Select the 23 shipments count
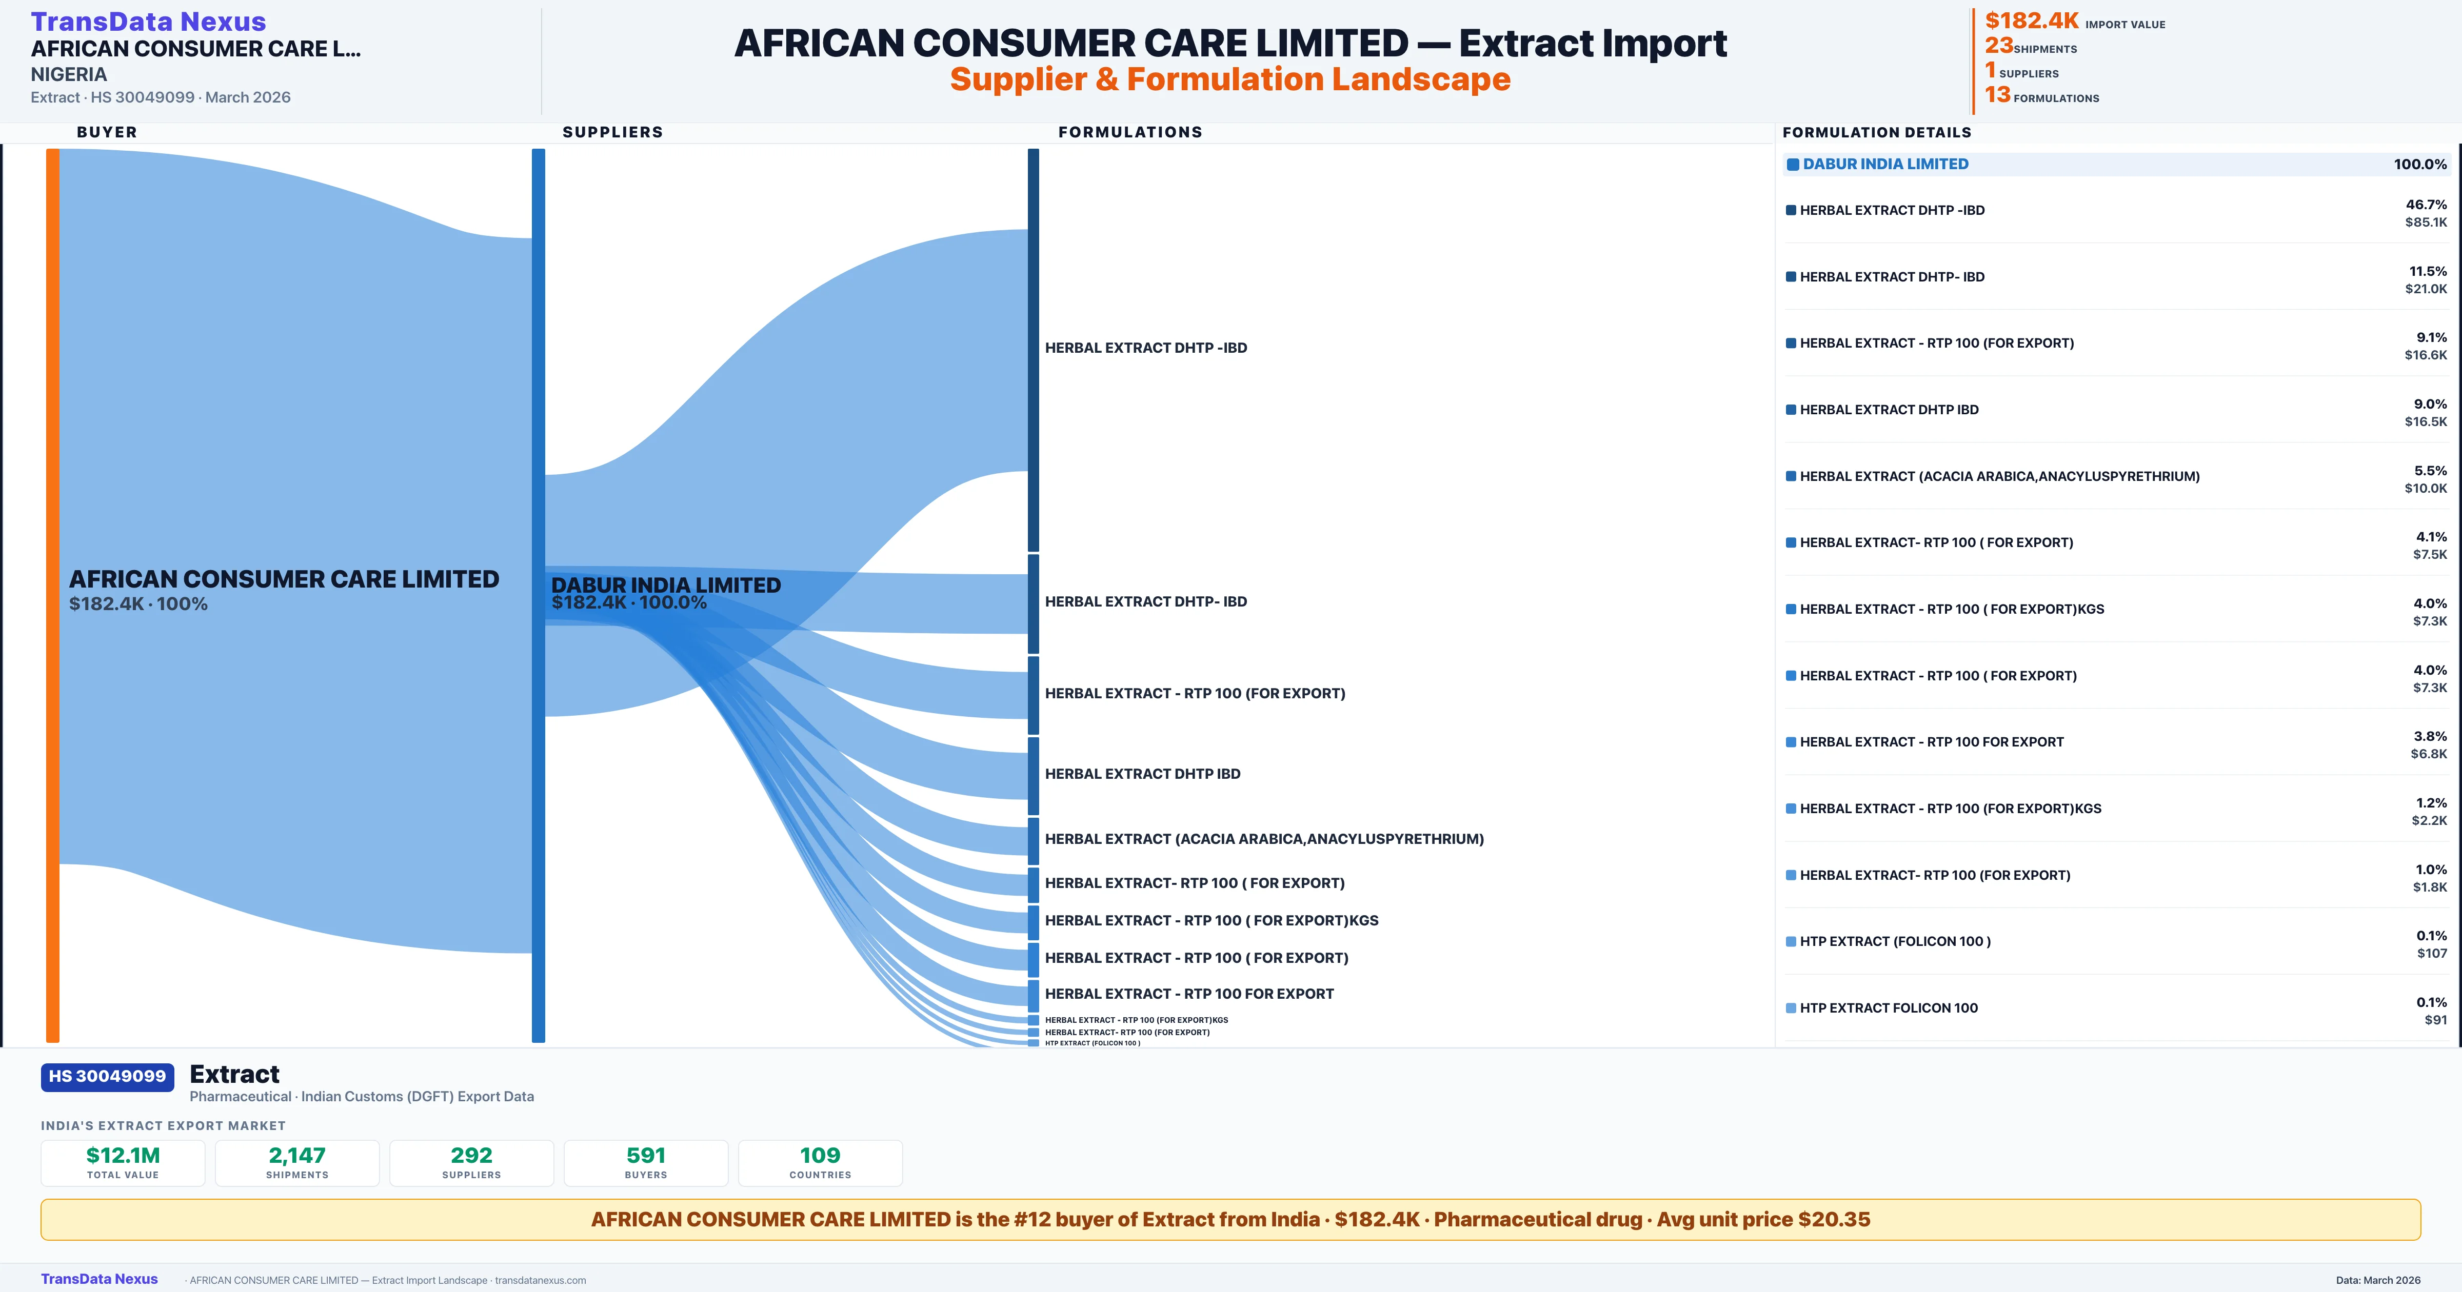[1998, 46]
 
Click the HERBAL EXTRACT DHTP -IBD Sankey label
[1145, 348]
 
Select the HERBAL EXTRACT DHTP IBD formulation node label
[1142, 774]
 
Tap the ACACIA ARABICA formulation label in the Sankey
[1263, 839]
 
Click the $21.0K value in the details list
[2426, 289]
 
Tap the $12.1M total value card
[123, 1162]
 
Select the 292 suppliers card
[471, 1162]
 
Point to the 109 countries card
[820, 1162]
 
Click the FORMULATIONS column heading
[1129, 132]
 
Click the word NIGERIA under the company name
[69, 74]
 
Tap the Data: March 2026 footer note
[2378, 1280]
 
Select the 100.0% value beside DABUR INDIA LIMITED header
[2419, 165]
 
